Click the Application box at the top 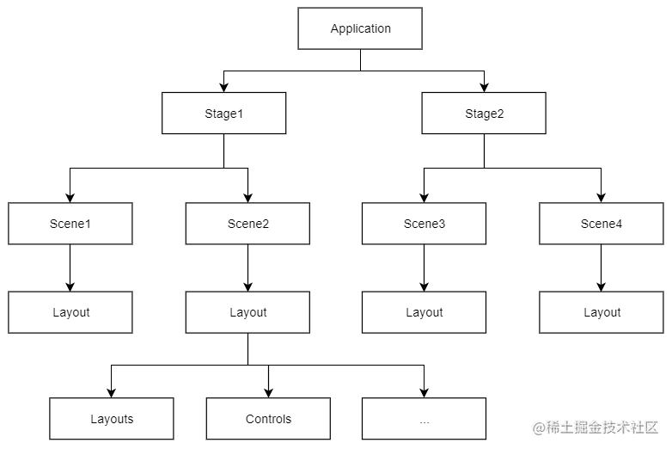pyautogui.click(x=360, y=28)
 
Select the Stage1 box pyautogui.click(x=223, y=114)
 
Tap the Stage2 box pyautogui.click(x=483, y=114)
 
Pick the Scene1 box pyautogui.click(x=70, y=224)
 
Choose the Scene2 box pyautogui.click(x=247, y=224)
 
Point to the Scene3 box pyautogui.click(x=424, y=224)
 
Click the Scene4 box pyautogui.click(x=601, y=224)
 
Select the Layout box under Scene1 pyautogui.click(x=70, y=312)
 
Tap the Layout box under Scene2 pyautogui.click(x=247, y=312)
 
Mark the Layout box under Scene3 pyautogui.click(x=424, y=312)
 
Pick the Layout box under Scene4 pyautogui.click(x=601, y=312)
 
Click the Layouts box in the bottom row pyautogui.click(x=112, y=419)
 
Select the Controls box pyautogui.click(x=268, y=419)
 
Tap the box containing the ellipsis pyautogui.click(x=424, y=419)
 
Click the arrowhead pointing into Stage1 pyautogui.click(x=223, y=87)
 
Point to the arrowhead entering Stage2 pyautogui.click(x=484, y=87)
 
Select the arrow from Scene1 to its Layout pyautogui.click(x=70, y=268)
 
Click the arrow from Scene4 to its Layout pyautogui.click(x=601, y=268)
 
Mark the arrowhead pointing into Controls pyautogui.click(x=268, y=392)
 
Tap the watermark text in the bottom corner pyautogui.click(x=595, y=427)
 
